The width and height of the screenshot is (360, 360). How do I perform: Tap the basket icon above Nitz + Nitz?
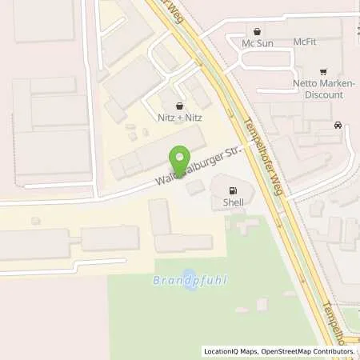click(179, 104)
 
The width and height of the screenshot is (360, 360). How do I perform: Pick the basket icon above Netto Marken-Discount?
click(323, 71)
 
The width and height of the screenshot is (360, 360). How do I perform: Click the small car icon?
click(338, 125)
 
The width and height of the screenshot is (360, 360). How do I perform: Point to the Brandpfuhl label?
click(185, 281)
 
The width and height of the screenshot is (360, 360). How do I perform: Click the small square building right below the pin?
click(194, 187)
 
